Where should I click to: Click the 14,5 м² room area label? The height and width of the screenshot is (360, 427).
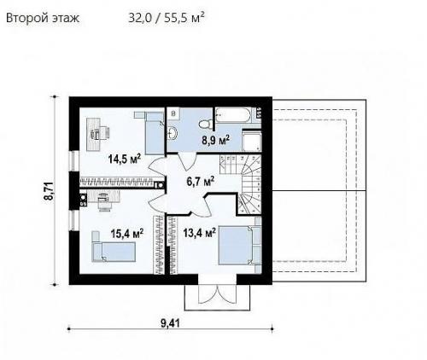pos(125,159)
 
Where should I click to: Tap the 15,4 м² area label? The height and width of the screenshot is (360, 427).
pos(127,234)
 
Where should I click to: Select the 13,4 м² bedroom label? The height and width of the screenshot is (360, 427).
pos(199,233)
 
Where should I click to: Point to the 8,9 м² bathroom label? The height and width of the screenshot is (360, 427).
pos(215,141)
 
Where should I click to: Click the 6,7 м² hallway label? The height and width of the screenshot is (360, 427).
pos(201,182)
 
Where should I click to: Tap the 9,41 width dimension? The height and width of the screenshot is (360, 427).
pos(170,323)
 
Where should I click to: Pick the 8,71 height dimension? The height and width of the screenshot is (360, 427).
pos(49,191)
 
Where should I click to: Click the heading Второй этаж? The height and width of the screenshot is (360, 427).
pos(43,18)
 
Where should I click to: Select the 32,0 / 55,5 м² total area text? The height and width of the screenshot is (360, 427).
pos(167,18)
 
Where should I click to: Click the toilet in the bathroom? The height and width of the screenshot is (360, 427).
pos(204,124)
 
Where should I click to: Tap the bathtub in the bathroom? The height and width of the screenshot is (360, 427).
pos(233,115)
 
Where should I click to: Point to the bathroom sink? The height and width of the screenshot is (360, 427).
pos(173,133)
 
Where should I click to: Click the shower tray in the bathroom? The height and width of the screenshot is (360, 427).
pos(252,141)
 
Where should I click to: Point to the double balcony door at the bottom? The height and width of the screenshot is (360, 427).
pos(218,293)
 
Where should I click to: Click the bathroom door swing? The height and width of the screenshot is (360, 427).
pos(187,161)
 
